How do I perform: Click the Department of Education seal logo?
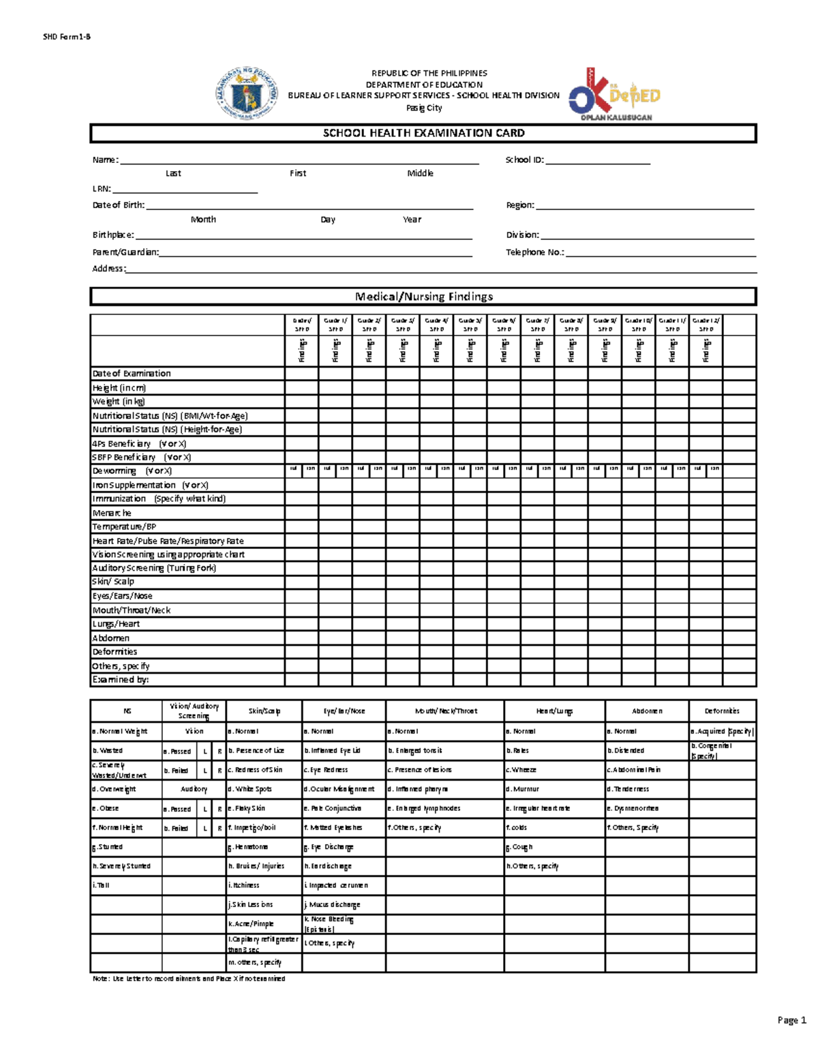pos(246,93)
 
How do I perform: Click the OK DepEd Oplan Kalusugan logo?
pos(615,94)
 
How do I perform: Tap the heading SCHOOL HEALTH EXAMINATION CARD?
pos(423,133)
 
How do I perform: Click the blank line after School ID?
pos(598,162)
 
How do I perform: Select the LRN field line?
pos(185,190)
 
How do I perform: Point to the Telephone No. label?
pos(534,252)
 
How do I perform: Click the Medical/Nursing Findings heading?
pos(423,297)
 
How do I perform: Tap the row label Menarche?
pos(112,513)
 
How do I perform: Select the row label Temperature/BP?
pos(124,526)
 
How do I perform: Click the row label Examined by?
pos(120,680)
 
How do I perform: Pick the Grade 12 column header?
pos(706,325)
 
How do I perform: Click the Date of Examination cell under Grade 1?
pos(335,374)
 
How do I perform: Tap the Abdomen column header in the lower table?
pos(647,711)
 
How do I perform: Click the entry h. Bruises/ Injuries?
pos(256,866)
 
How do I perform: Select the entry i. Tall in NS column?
pos(101,885)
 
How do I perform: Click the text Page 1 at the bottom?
pos(791,1020)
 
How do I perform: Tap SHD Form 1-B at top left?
pos(66,37)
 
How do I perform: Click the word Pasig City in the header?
pos(424,108)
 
